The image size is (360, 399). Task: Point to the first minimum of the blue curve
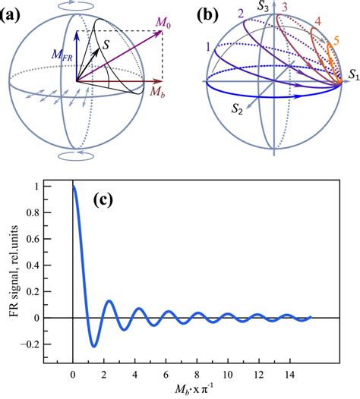(x=94, y=346)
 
